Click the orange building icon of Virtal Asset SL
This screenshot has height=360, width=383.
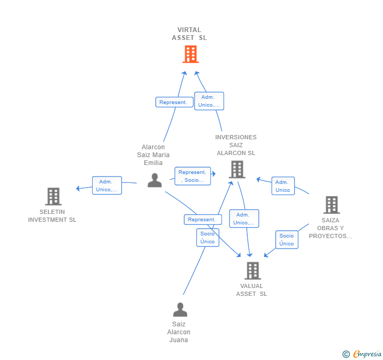coord(190,54)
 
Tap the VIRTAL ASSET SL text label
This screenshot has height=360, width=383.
coord(189,34)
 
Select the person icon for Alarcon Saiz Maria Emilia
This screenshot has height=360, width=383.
coord(155,180)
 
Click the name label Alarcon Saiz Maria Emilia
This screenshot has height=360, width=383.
coord(153,155)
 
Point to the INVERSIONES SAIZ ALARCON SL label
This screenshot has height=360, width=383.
coord(236,145)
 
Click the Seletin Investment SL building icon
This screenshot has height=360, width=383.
coord(53,197)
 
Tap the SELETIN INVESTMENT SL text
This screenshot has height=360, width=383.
coord(52,216)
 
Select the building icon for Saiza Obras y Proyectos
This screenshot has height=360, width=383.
coord(331,205)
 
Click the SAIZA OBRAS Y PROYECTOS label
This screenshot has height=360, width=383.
coord(330,228)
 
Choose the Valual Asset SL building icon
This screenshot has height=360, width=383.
coord(253,271)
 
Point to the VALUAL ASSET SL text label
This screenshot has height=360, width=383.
coord(251,290)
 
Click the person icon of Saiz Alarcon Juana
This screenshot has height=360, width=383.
coord(180,310)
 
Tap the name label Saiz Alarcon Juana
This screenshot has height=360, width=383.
coord(179,332)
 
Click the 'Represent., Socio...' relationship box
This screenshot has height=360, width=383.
coord(193,176)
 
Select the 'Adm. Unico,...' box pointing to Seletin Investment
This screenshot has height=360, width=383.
coord(107,186)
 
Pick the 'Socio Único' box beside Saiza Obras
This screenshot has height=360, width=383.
coord(287,240)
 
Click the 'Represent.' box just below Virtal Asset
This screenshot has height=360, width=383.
coord(174,102)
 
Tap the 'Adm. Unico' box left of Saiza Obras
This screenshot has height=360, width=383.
coord(283,186)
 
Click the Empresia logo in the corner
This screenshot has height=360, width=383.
coord(362,354)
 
